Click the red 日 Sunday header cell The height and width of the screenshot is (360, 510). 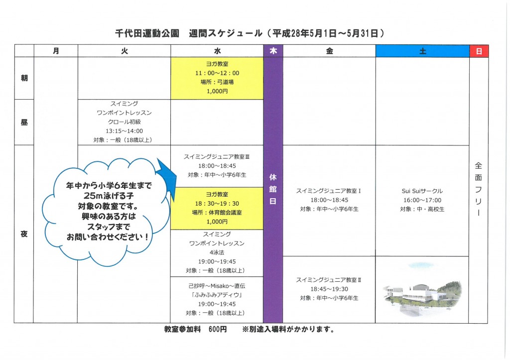coord(479,51)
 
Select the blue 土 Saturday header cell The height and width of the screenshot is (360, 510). coord(422,51)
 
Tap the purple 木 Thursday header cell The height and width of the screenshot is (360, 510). coord(273,51)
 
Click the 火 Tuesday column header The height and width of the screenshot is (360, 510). coord(124,51)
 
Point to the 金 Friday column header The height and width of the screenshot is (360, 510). coord(330,51)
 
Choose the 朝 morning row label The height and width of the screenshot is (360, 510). coord(24,78)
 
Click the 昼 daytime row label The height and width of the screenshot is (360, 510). coord(24,122)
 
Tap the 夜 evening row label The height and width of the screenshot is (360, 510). coord(24,234)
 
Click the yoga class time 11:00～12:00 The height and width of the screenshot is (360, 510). coord(217,73)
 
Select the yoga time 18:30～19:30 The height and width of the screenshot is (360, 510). coord(217,204)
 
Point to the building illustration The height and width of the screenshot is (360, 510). coord(422,290)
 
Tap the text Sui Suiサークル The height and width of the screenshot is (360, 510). coord(422,191)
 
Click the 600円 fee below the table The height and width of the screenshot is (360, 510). coord(218,330)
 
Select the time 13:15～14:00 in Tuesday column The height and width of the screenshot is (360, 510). coord(124,131)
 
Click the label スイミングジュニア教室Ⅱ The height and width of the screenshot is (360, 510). coord(329,280)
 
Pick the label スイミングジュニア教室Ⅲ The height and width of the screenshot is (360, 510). coord(217,157)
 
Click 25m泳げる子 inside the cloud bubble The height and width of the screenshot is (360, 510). coord(109,196)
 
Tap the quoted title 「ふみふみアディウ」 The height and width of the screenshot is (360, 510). coord(217,295)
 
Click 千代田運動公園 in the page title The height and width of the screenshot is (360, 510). coord(147,33)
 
